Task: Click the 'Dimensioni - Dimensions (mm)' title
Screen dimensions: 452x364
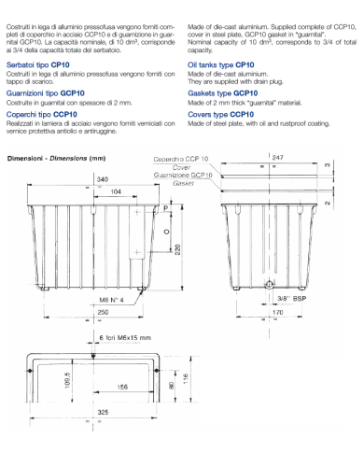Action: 57,158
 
